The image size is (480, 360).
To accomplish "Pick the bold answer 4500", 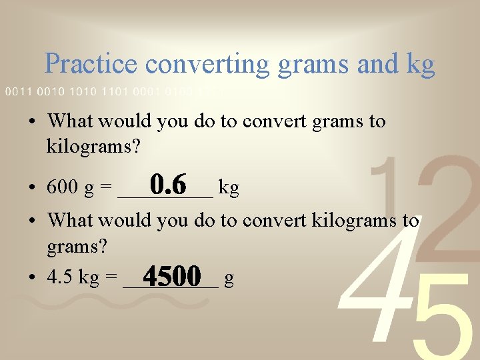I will tap(172, 275).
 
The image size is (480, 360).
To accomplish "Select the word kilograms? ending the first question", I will tap(93, 145).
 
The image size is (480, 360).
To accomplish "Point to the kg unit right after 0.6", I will tap(229, 189).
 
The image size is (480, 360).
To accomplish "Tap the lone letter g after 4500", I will tap(229, 279).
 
